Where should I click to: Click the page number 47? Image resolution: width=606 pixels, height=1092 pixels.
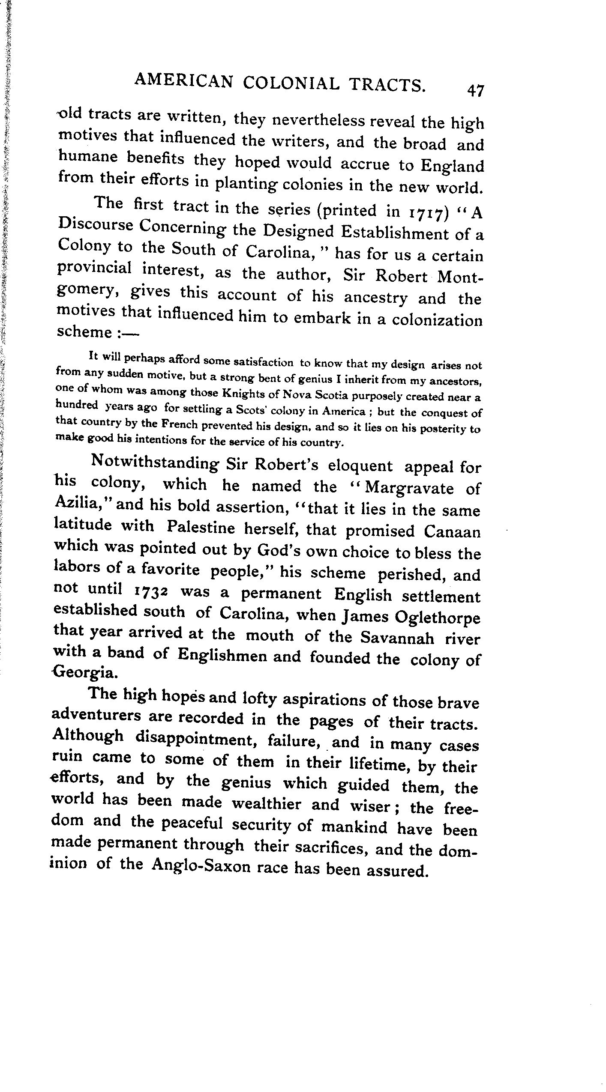475,91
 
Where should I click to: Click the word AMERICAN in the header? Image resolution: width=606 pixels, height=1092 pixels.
184,81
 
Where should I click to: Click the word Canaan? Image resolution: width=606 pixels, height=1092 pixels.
452,532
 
